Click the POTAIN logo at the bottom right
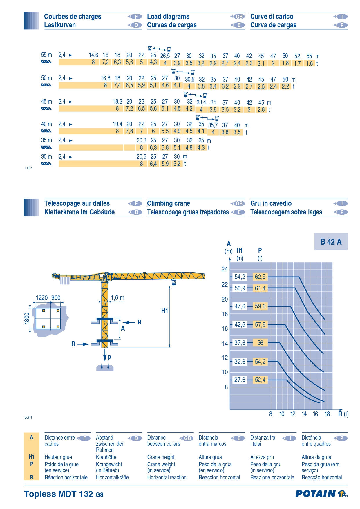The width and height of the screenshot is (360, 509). pyautogui.click(x=321, y=494)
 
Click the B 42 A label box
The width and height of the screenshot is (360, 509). pyautogui.click(x=331, y=242)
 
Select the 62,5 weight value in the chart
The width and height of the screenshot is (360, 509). pyautogui.click(x=260, y=277)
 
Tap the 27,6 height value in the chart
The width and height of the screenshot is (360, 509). pyautogui.click(x=240, y=380)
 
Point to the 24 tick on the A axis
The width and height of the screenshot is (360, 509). pyautogui.click(x=225, y=269)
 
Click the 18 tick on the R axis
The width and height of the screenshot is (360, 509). pyautogui.click(x=327, y=414)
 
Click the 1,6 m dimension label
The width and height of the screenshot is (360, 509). pyautogui.click(x=117, y=298)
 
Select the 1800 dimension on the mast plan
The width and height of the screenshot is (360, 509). pyautogui.click(x=27, y=318)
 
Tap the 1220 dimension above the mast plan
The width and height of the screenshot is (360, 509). pyautogui.click(x=42, y=298)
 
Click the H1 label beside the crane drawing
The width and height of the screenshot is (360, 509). pyautogui.click(x=165, y=311)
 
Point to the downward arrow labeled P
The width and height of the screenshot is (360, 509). pyautogui.click(x=105, y=355)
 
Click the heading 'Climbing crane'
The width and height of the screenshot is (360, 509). pyautogui.click(x=169, y=203)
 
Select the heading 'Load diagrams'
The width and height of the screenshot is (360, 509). pyautogui.click(x=168, y=17)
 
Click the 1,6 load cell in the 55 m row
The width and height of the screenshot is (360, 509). pyautogui.click(x=310, y=63)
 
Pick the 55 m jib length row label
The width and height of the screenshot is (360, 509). pyautogui.click(x=46, y=55)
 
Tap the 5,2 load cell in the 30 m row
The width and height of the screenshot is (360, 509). pyautogui.click(x=177, y=164)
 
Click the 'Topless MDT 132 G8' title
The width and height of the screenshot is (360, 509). pyautogui.click(x=64, y=494)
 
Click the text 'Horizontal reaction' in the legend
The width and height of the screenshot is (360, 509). pyautogui.click(x=167, y=477)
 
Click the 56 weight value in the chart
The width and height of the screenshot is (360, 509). pyautogui.click(x=260, y=343)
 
